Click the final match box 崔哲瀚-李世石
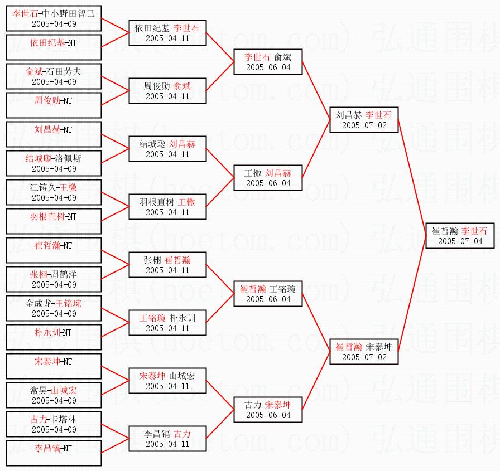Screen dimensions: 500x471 [x=460, y=236]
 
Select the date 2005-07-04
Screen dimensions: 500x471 [x=460, y=241]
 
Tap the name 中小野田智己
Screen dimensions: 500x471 [x=69, y=13]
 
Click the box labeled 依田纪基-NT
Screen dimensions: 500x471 [x=54, y=47]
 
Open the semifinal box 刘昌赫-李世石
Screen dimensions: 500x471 [x=364, y=120]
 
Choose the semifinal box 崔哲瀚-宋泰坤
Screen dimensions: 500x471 [x=364, y=352]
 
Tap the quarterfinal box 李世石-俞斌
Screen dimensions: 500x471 [x=268, y=62]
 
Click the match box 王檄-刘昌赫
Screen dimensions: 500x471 [x=268, y=178]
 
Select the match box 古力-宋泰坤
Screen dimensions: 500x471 [x=268, y=410]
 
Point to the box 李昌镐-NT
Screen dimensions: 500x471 [x=54, y=453]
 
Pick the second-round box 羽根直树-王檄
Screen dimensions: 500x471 [x=167, y=207]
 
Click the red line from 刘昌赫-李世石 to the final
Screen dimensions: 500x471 [x=412, y=178]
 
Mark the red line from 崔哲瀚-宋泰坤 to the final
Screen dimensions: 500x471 [x=412, y=294]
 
